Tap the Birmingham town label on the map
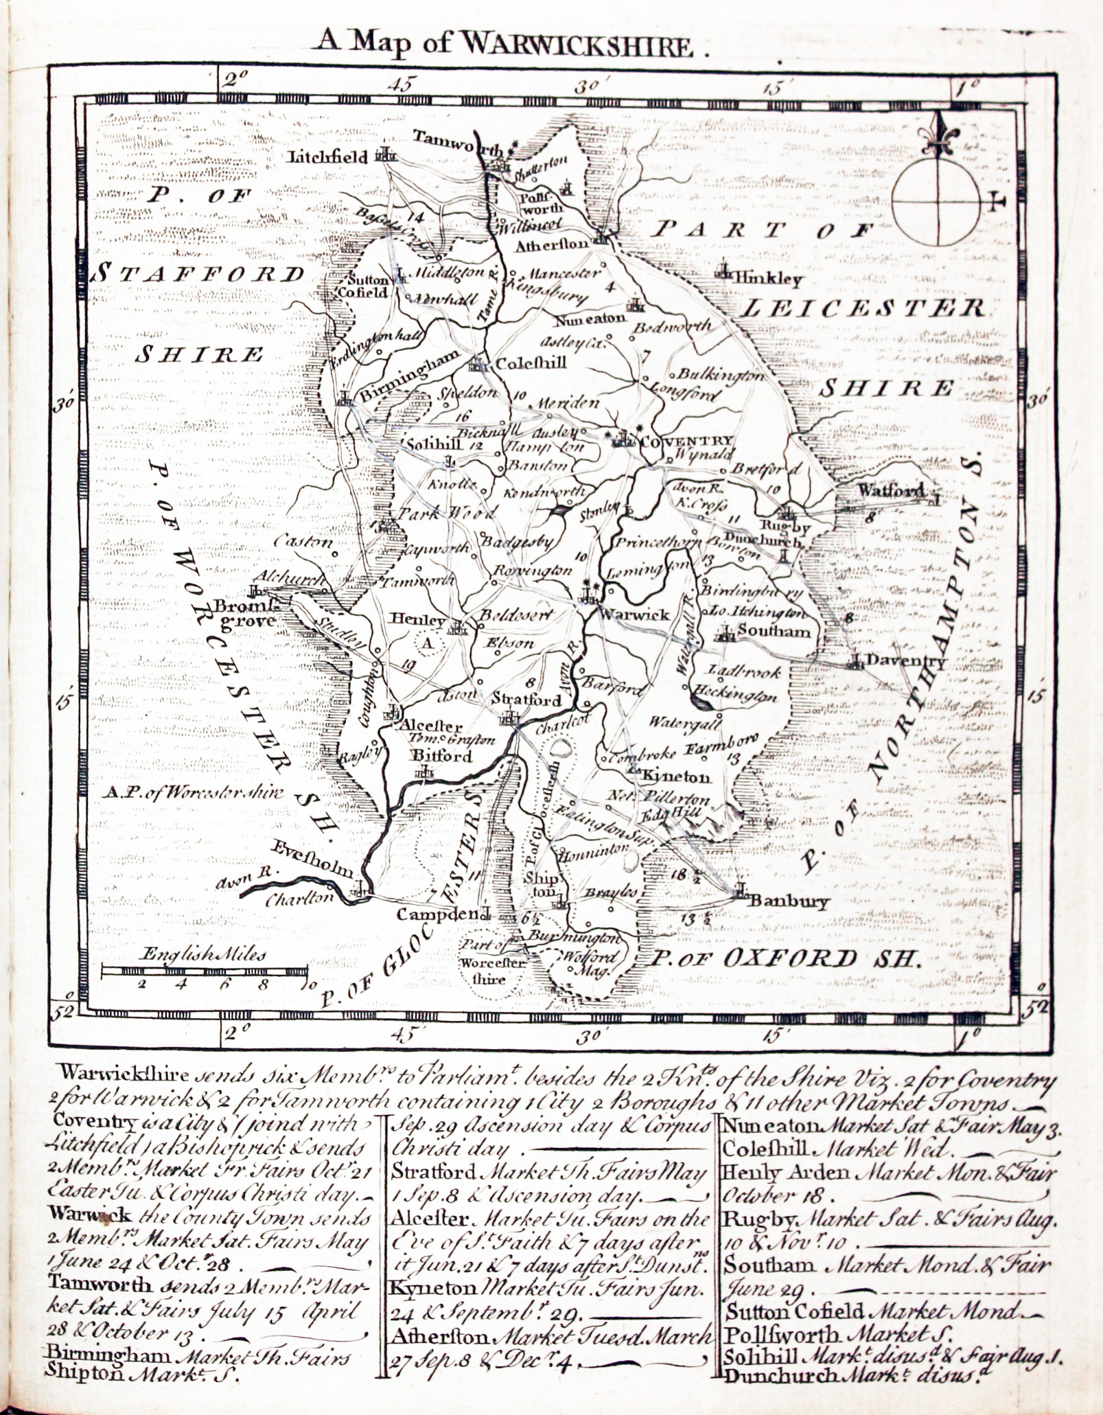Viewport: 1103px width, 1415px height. pyautogui.click(x=409, y=376)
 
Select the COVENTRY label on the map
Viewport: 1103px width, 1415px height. pyautogui.click(x=687, y=441)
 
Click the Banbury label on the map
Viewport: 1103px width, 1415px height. pyautogui.click(x=788, y=901)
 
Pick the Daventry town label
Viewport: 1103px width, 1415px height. pyautogui.click(x=906, y=662)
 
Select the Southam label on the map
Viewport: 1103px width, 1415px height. pyautogui.click(x=774, y=630)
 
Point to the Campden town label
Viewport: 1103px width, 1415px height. pyautogui.click(x=437, y=914)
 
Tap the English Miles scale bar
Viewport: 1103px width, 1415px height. pyautogui.click(x=204, y=971)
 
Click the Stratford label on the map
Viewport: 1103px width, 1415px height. pyautogui.click(x=526, y=700)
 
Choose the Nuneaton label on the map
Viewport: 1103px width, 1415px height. pyautogui.click(x=591, y=318)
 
